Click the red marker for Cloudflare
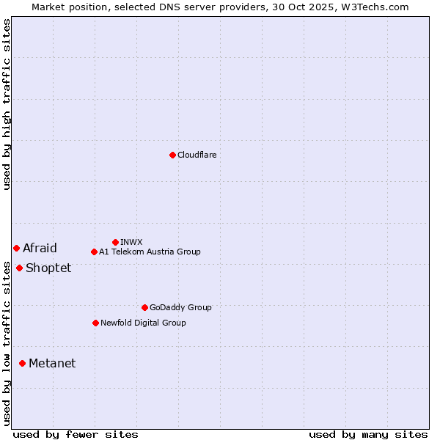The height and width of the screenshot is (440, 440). pos(172,155)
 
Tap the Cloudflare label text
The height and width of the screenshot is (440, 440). pos(197,155)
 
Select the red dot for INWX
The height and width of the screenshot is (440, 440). pos(115,242)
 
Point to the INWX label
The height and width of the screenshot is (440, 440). pos(131,242)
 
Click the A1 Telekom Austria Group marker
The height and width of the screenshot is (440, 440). pos(94,252)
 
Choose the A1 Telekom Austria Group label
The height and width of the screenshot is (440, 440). pos(150,252)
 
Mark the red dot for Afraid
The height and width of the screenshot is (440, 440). pos(16,248)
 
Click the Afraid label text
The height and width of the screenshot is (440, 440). pos(40,248)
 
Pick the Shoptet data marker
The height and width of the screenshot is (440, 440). pos(19,268)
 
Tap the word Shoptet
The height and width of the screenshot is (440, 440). pos(48,268)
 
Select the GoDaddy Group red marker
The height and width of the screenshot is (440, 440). pos(144,307)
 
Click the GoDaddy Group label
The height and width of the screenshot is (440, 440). pos(180,307)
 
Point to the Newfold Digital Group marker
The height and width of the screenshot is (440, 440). pos(95,323)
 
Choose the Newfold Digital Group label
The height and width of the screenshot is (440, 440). pos(143,323)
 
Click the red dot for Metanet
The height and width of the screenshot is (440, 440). pos(22,363)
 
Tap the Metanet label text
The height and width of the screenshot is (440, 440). pos(52,363)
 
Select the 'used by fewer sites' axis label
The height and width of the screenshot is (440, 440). pos(76,434)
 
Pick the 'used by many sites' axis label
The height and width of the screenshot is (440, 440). pos(368,434)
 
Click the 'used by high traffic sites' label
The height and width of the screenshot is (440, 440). pos(7,104)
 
